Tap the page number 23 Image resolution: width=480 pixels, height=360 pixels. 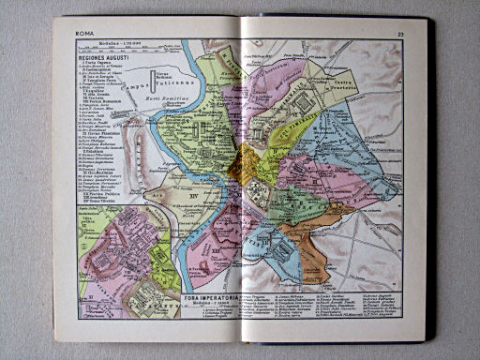399,34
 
